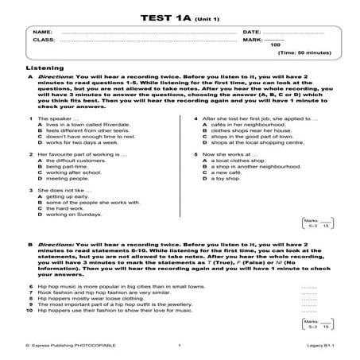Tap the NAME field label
pyautogui.click(x=43, y=32)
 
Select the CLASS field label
pyautogui.click(x=45, y=39)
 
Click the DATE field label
pyautogui.click(x=251, y=32)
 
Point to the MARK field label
pyautogui.click(x=252, y=39)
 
